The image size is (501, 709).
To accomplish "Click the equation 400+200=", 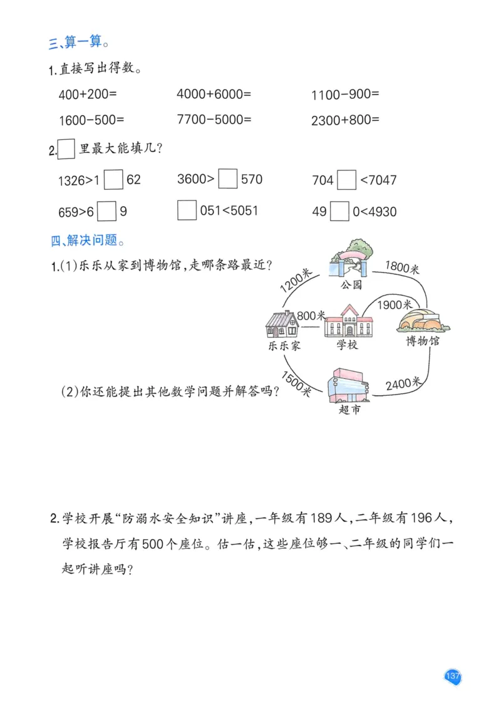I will pos(88,95).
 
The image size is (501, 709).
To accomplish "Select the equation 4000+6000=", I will pos(214,95).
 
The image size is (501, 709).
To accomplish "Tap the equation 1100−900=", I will pos(345,95).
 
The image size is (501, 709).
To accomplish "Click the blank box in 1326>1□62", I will pos(113,180).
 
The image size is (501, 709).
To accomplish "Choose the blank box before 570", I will pos(229,180).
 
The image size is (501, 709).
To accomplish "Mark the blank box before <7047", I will pos(346,181).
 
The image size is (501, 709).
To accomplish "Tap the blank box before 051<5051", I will pos(187,210).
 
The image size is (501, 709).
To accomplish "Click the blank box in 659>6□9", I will pos(107,211).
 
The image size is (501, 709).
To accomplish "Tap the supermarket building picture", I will pos(348,386).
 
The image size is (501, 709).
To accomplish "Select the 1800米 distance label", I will pos(402,268).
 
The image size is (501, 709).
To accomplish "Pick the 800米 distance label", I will pos(311,316).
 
